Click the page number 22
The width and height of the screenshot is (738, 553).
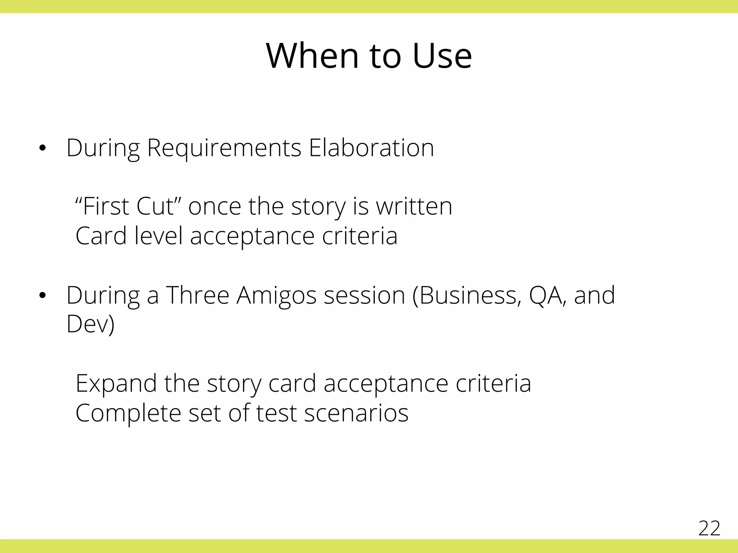[709, 529]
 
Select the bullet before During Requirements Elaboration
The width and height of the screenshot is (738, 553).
[43, 148]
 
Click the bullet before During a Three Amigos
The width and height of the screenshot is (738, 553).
[43, 296]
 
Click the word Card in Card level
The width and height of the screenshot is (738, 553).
[101, 236]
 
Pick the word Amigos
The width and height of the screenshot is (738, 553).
[276, 296]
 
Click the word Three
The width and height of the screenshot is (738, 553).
[197, 296]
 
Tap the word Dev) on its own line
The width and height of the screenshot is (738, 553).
[90, 324]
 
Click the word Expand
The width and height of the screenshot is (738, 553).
[116, 384]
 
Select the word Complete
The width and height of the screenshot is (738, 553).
[128, 413]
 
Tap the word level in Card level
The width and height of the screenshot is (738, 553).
[159, 236]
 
